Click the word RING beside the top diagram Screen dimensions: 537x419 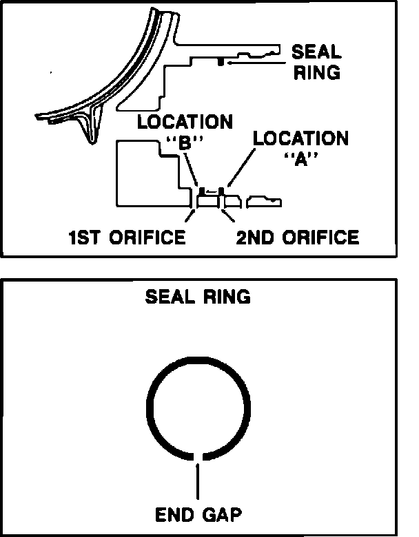coord(317,72)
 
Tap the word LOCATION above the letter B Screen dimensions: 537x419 coord(185,123)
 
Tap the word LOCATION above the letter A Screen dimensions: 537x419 coord(300,138)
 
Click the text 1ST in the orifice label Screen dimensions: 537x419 coord(85,238)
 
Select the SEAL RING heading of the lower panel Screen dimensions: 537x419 coord(198,297)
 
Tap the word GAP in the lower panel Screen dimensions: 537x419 coord(221,514)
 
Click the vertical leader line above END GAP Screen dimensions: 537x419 coord(198,482)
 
